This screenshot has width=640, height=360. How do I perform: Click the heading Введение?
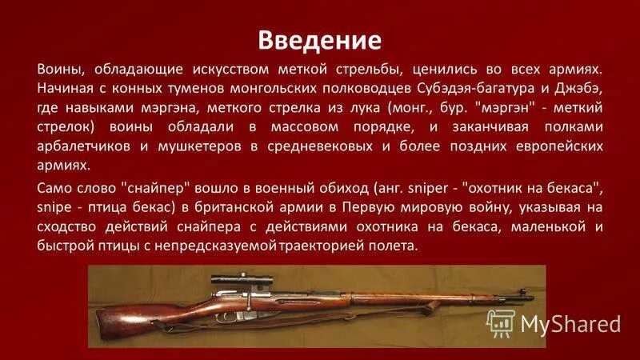(319, 39)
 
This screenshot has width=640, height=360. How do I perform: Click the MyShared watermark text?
(570, 324)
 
